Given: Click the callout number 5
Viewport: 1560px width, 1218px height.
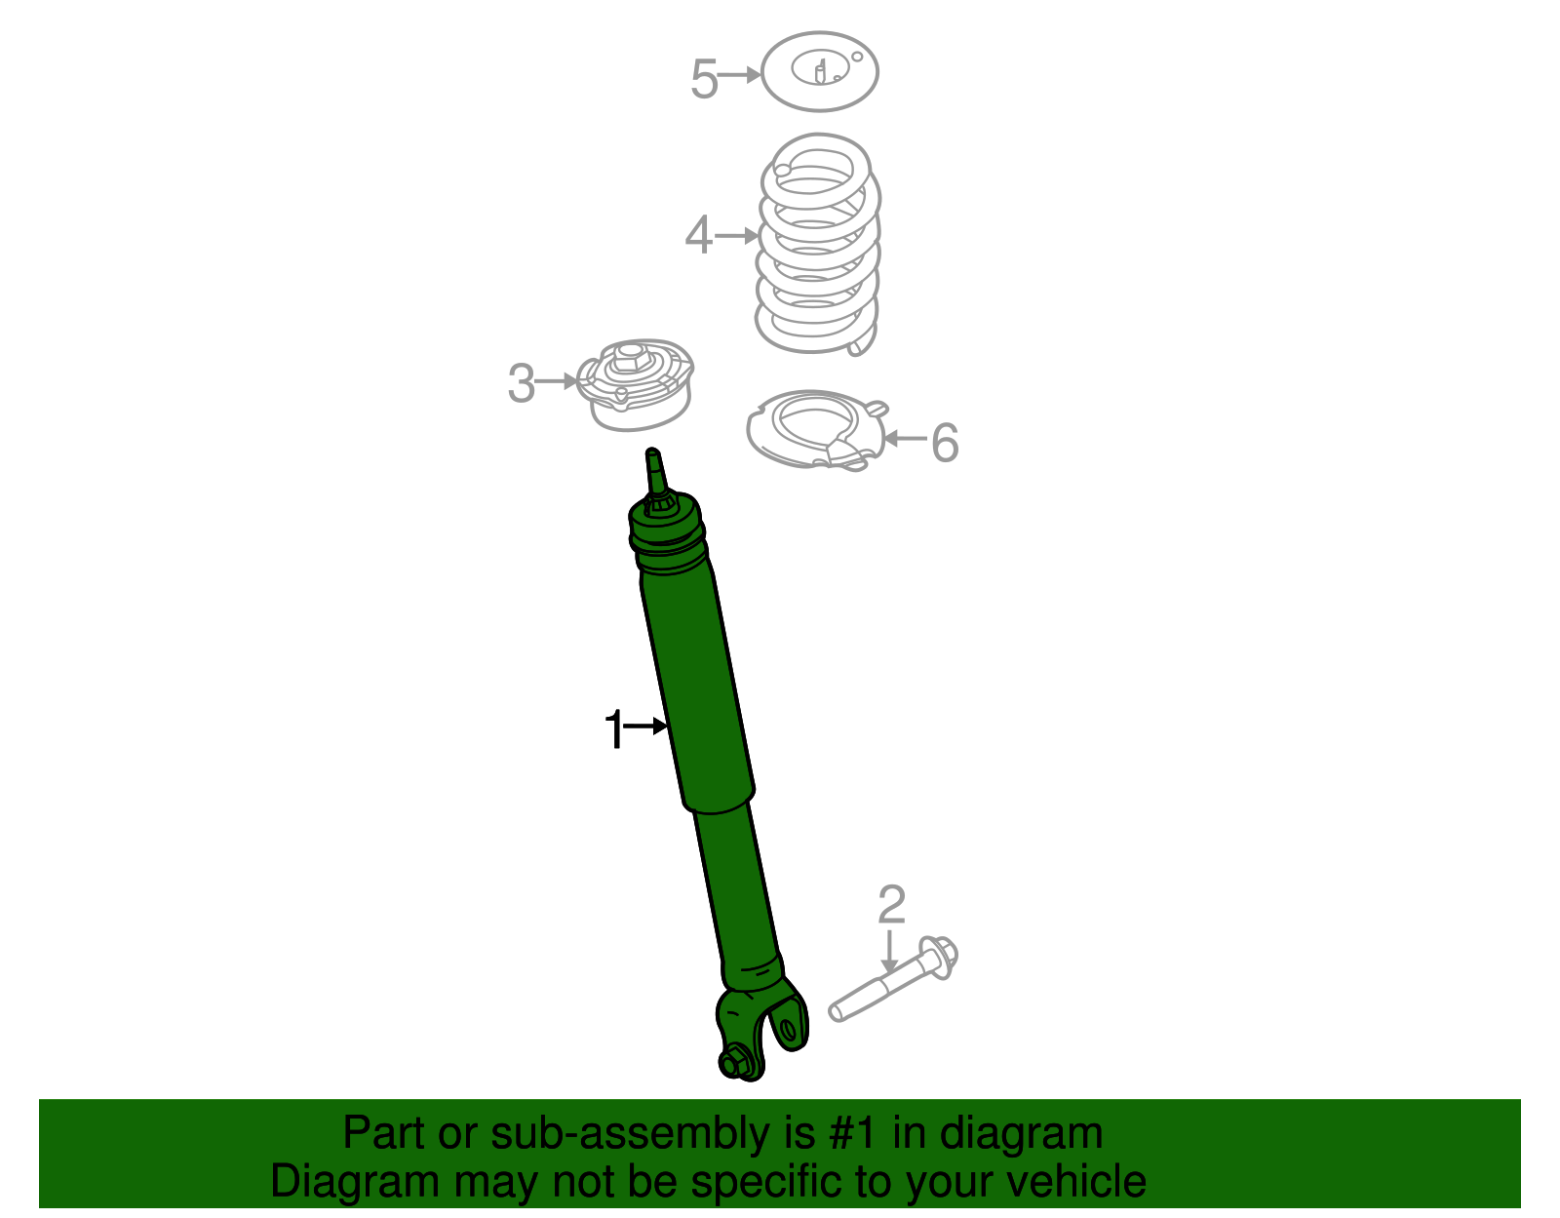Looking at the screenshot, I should pos(704,79).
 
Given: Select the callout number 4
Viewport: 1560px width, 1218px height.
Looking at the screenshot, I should pos(698,236).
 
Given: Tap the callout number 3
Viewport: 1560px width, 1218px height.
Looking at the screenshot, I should pos(522,383).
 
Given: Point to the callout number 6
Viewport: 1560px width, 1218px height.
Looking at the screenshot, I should pos(945,443).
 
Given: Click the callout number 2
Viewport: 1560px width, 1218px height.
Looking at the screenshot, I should pos(891,905).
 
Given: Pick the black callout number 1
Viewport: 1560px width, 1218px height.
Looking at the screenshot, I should pos(613,729).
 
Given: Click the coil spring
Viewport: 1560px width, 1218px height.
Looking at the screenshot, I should pos(818,244).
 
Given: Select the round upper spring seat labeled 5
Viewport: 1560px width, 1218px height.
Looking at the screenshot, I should pos(819,71).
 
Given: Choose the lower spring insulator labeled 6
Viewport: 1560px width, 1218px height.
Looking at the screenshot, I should pos(815,430).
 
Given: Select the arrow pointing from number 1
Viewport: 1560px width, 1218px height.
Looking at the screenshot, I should pos(645,726).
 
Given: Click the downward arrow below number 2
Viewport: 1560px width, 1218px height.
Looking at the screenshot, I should pos(888,951).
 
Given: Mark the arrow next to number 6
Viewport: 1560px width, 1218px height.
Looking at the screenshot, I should pos(905,439).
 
